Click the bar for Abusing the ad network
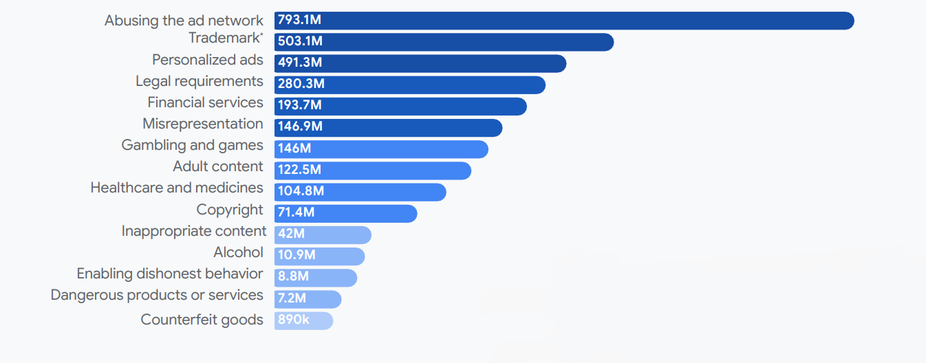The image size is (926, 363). (564, 21)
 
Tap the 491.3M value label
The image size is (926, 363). (300, 63)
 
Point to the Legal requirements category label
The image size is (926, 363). (200, 81)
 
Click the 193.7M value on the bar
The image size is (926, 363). (300, 106)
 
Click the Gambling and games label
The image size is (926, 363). (193, 145)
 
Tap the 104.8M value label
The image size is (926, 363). (301, 191)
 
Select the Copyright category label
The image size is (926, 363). (230, 209)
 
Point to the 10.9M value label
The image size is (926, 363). (297, 256)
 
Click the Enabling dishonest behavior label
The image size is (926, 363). (170, 274)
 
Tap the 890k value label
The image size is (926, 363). (293, 320)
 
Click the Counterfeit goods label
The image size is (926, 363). (202, 320)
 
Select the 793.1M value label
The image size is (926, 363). (300, 21)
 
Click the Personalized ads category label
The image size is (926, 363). (208, 60)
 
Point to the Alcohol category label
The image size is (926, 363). (238, 252)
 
